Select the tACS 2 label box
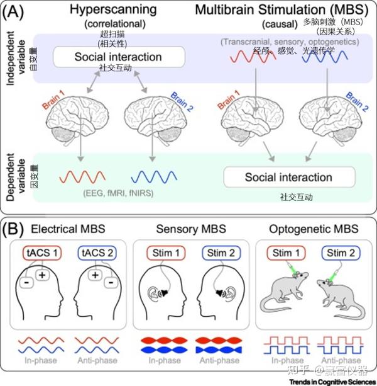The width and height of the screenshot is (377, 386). [96, 253]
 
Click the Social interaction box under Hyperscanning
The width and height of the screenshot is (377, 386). [119, 57]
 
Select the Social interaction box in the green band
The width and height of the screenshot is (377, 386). [288, 178]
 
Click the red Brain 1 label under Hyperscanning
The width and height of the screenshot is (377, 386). [55, 101]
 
